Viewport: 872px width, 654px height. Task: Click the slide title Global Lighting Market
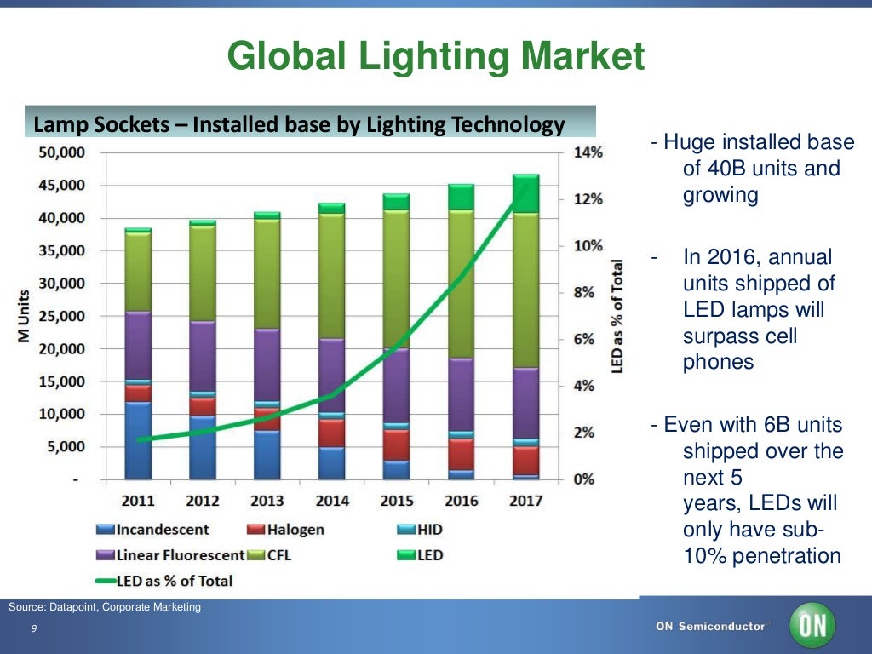pos(436,58)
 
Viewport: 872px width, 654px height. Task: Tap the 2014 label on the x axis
pos(331,500)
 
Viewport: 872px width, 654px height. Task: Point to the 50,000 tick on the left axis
pos(60,152)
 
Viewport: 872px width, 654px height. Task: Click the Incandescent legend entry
pos(152,530)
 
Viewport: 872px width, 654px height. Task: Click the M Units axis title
pos(26,314)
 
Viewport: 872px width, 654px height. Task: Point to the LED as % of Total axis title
pos(617,315)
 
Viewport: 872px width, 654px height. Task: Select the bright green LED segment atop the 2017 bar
pos(525,194)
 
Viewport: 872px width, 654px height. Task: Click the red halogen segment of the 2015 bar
pos(396,444)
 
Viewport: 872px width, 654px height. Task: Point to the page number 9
pos(32,628)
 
